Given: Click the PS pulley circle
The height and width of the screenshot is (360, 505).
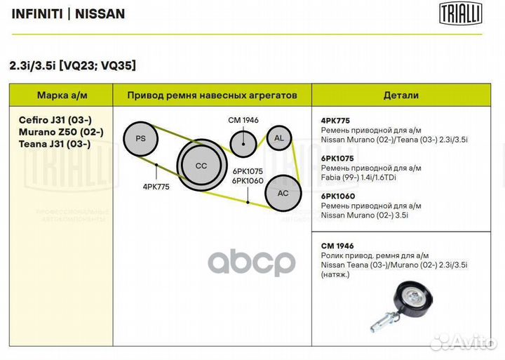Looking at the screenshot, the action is pyautogui.click(x=141, y=139).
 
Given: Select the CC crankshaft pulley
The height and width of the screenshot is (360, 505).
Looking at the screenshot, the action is pyautogui.click(x=201, y=165).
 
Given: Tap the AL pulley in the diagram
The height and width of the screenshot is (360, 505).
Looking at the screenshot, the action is pyautogui.click(x=279, y=138).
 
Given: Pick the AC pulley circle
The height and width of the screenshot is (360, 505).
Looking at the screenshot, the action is pyautogui.click(x=283, y=193).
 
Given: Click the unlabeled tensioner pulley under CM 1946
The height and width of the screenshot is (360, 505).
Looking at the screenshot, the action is pyautogui.click(x=243, y=144).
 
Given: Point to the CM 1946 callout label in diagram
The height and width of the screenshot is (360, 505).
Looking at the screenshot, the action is pyautogui.click(x=243, y=120).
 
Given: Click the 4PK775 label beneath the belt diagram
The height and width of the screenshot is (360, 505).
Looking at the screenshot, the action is pyautogui.click(x=156, y=187).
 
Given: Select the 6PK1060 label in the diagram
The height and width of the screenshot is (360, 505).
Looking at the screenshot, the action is pyautogui.click(x=248, y=181).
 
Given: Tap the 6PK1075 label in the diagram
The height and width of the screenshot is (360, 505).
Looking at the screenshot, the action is pyautogui.click(x=248, y=171).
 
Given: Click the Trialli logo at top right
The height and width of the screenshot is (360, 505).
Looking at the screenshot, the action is pyautogui.click(x=461, y=13).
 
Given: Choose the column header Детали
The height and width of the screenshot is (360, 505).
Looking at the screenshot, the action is pyautogui.click(x=401, y=95).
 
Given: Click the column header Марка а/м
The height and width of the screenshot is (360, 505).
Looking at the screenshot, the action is pyautogui.click(x=62, y=95).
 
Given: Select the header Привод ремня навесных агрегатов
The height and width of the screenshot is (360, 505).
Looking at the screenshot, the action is pyautogui.click(x=213, y=95).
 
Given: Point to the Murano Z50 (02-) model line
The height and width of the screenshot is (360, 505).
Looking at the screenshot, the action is pyautogui.click(x=61, y=132).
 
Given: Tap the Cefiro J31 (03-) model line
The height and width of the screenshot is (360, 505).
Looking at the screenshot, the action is pyautogui.click(x=55, y=120).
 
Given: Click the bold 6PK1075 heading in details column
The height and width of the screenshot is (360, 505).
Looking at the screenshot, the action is pyautogui.click(x=337, y=159).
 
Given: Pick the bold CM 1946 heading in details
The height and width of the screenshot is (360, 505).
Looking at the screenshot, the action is pyautogui.click(x=337, y=246).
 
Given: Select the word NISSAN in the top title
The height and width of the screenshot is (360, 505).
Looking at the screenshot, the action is pyautogui.click(x=100, y=14).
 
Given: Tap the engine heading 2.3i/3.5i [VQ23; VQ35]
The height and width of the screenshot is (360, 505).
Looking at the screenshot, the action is pyautogui.click(x=73, y=65).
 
